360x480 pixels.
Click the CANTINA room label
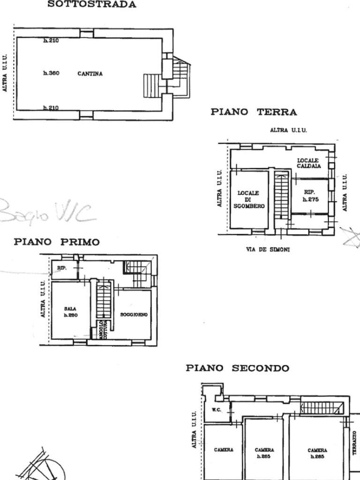click(90, 74)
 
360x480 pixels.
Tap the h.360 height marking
click(51, 73)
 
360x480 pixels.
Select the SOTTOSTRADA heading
click(92, 5)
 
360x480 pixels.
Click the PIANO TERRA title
click(254, 112)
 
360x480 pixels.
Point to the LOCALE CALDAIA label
click(308, 163)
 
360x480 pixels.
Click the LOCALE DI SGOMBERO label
click(248, 199)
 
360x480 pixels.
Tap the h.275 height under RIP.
click(310, 199)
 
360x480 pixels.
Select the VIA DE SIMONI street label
click(268, 249)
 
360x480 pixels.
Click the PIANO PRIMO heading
click(57, 242)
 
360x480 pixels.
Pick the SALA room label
click(70, 309)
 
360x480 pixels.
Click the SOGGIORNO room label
click(134, 315)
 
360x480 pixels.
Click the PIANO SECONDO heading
click(237, 368)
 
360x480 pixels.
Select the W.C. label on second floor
click(216, 409)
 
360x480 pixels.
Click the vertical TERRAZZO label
click(354, 443)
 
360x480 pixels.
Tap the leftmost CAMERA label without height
click(224, 450)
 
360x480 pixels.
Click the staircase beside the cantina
click(151, 85)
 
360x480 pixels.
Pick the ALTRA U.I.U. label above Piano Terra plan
click(288, 130)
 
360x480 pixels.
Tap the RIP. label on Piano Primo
click(62, 269)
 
